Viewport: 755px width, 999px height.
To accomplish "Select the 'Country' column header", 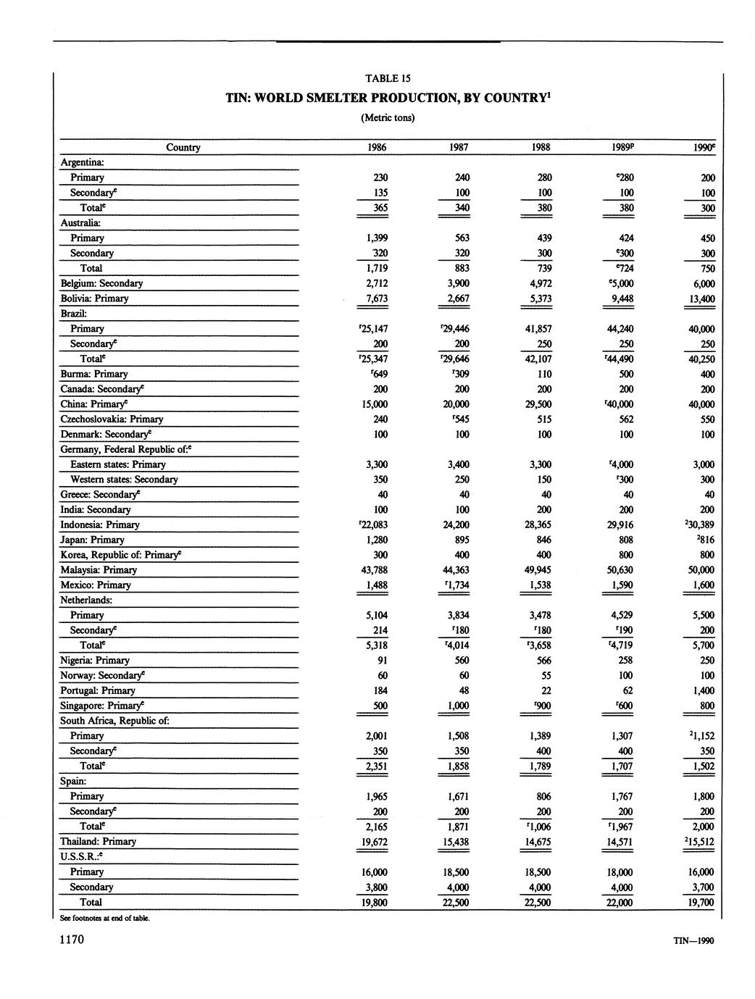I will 183,147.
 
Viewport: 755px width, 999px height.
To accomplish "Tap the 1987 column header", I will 459,147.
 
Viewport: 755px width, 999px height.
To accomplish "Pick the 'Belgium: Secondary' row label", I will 101,283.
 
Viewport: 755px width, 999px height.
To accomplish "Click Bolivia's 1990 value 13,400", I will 703,298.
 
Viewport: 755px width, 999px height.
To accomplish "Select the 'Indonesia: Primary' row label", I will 100,524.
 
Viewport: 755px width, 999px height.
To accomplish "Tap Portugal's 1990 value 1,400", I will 703,690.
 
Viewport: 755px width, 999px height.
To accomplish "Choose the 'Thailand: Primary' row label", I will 98,841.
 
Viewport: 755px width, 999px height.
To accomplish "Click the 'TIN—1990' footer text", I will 693,941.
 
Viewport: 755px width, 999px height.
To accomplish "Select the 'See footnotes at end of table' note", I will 105,918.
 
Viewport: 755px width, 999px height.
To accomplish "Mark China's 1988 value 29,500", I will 541,404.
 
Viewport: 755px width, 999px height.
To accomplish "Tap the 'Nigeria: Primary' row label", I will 95,660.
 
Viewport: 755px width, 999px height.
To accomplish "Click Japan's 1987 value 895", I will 459,540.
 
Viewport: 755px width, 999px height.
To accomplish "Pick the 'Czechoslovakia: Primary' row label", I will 112,419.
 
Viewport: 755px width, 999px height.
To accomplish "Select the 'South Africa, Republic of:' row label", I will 114,720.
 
